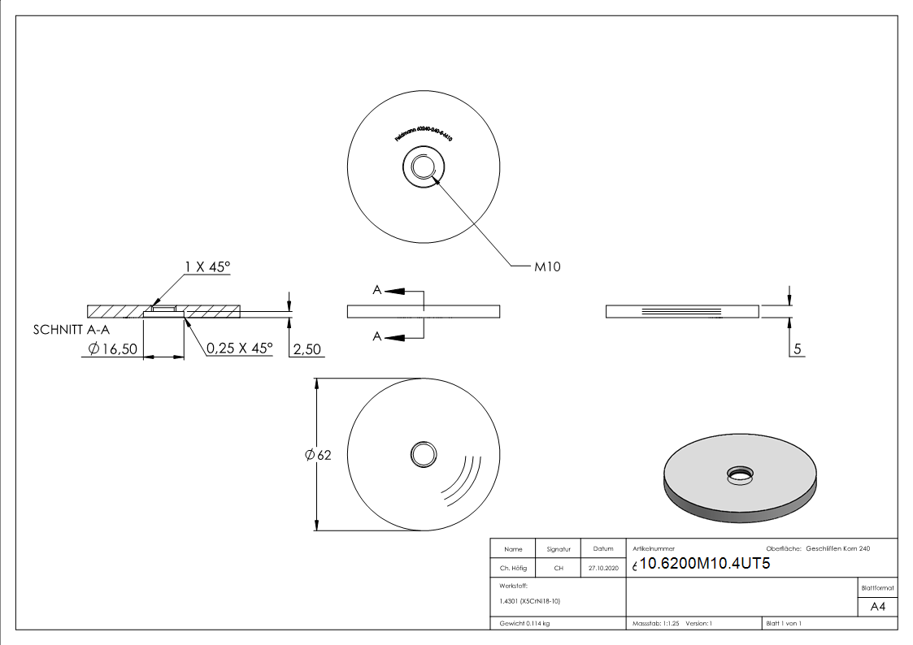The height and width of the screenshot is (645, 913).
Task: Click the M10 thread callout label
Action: (547, 266)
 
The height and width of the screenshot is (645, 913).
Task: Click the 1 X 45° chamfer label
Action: (207, 266)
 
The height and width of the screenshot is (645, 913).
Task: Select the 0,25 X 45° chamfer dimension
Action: (239, 348)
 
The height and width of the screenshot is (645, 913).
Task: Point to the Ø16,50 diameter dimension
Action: (113, 348)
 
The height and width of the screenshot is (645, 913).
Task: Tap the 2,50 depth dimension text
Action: (307, 349)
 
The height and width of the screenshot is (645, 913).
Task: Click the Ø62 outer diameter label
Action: (318, 455)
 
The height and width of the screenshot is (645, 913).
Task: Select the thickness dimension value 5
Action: (798, 349)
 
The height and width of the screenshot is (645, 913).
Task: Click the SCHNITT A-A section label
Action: (71, 330)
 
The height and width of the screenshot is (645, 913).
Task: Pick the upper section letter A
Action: (377, 290)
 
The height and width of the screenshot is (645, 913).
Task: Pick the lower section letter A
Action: (377, 336)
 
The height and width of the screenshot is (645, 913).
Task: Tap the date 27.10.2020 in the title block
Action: (603, 569)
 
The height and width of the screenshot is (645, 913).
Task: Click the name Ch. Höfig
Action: (513, 569)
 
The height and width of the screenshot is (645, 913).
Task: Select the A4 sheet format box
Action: (877, 607)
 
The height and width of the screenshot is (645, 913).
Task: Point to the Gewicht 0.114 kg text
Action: (525, 623)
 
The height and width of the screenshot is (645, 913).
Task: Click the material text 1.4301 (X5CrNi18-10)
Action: (530, 601)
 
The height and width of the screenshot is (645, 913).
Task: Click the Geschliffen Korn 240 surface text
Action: (837, 549)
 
